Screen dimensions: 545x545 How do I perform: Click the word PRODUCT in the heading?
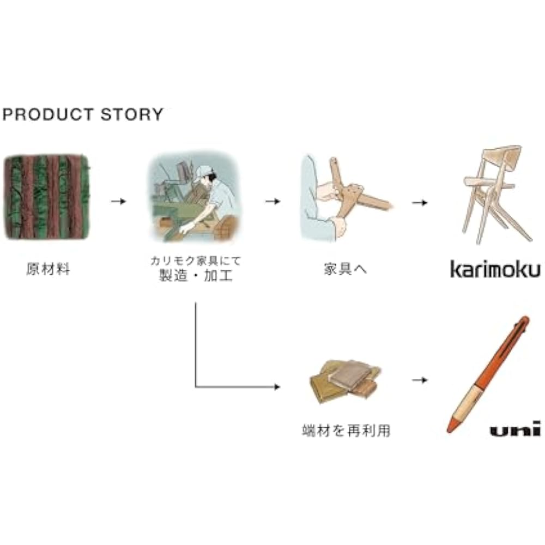point(49,114)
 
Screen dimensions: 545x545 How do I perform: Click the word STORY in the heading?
point(132,114)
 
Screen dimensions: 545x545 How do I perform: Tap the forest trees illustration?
point(46,197)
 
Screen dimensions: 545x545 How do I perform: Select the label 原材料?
point(49,269)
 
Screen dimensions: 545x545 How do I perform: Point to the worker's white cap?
point(203,173)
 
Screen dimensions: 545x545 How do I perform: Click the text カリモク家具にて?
point(195,261)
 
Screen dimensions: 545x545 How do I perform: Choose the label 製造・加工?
point(195,276)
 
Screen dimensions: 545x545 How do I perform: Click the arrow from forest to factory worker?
point(118,201)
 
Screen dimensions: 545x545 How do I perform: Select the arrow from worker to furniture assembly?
point(273,201)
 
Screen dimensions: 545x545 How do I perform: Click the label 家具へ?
point(345,269)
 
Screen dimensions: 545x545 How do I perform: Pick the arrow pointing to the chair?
point(420,202)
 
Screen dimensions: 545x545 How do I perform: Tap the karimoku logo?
point(495,269)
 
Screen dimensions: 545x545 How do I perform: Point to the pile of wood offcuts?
point(344,381)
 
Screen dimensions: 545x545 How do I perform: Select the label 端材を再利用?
point(346,431)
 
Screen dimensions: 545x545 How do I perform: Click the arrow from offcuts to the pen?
point(420,380)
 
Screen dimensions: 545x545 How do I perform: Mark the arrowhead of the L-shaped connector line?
point(277,386)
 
